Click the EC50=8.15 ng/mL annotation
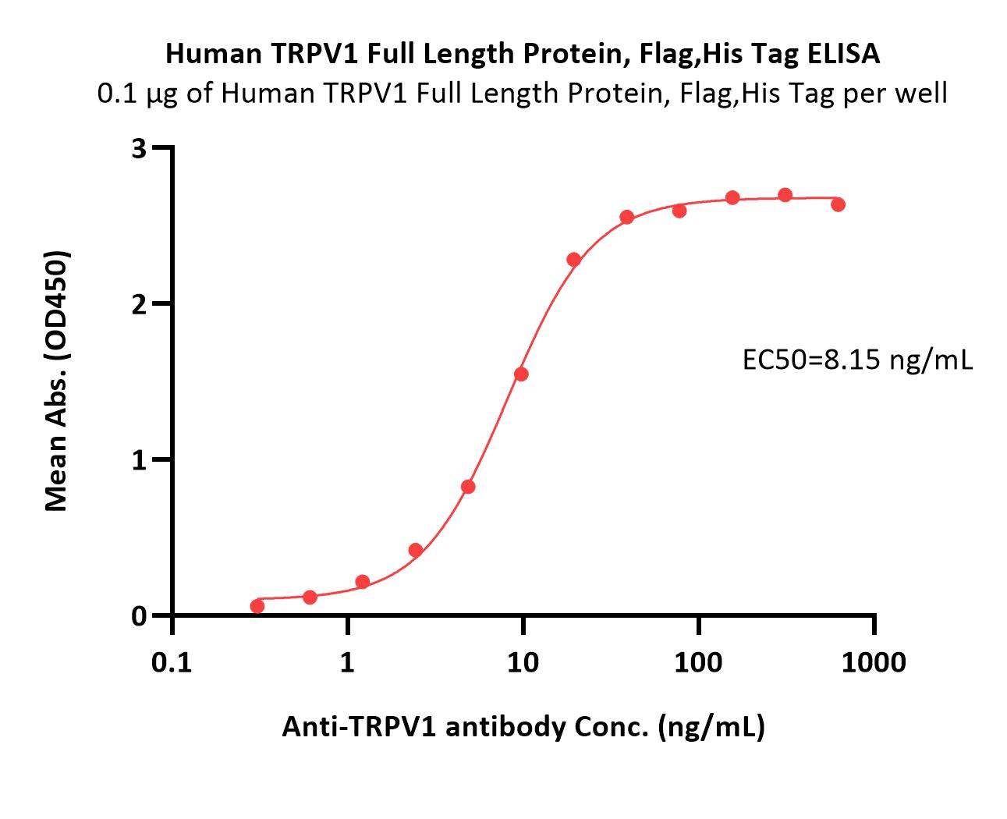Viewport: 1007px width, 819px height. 857,360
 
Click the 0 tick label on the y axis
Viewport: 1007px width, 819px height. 140,616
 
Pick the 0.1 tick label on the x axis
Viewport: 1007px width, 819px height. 172,663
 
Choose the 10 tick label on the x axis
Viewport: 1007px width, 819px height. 523,663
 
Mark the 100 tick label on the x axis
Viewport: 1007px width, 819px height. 698,663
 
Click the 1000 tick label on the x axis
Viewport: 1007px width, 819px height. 874,663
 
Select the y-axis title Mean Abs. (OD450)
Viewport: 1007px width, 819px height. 57,381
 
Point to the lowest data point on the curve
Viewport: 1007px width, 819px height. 257,606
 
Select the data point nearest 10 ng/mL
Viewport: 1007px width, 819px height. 521,374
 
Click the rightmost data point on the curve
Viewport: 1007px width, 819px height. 838,204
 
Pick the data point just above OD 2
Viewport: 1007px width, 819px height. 573,260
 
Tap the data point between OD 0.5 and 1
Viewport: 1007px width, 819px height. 468,487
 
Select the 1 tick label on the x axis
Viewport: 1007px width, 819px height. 347,663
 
